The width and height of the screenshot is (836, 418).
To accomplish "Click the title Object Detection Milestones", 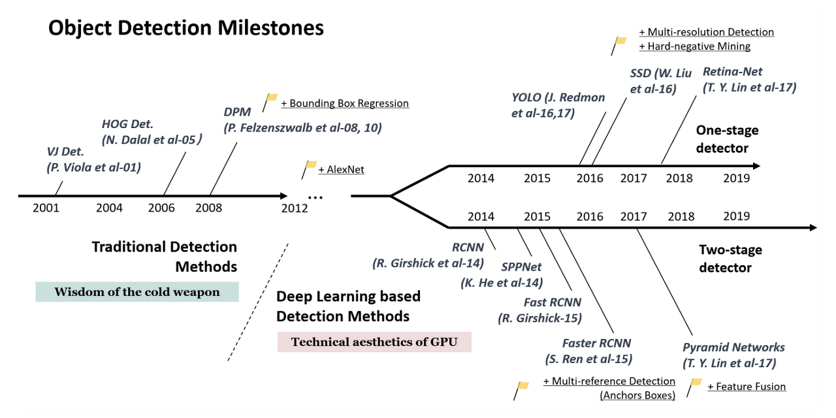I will click(x=186, y=28).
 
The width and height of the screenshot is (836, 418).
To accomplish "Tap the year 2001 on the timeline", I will click(x=46, y=208).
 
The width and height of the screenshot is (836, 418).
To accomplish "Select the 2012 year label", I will click(x=295, y=208).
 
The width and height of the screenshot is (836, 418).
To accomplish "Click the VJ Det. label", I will click(x=65, y=152).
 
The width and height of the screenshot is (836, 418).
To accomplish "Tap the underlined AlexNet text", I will click(x=342, y=170).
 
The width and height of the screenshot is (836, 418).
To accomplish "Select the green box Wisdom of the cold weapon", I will click(x=137, y=292).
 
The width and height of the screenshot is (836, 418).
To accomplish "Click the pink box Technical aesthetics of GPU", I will click(x=374, y=342).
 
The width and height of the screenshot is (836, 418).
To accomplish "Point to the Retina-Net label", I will click(x=732, y=72).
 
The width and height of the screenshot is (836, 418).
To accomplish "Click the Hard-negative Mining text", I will click(x=694, y=46).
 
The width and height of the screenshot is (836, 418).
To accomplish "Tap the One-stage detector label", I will click(x=727, y=139).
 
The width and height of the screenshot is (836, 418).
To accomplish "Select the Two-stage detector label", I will click(x=730, y=259).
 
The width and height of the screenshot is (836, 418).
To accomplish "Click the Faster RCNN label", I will click(x=597, y=344).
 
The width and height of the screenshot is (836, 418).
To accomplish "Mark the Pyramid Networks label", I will click(x=733, y=347).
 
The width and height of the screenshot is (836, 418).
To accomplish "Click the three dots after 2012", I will click(x=315, y=197).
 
